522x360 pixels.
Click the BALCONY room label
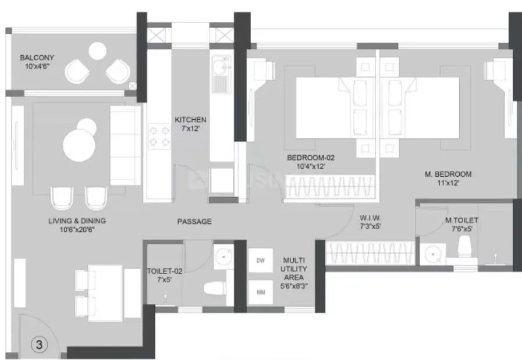[37, 58]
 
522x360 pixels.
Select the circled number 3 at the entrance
[40, 344]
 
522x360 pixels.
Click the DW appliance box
[260, 261]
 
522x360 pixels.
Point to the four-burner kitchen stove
[157, 136]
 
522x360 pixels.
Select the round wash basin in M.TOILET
[431, 254]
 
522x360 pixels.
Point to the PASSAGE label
[194, 222]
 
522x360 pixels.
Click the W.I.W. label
[370, 219]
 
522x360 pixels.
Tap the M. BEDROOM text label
[447, 174]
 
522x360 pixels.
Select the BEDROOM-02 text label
[311, 157]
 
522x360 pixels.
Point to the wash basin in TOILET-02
[222, 256]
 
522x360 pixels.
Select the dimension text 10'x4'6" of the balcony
[36, 66]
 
